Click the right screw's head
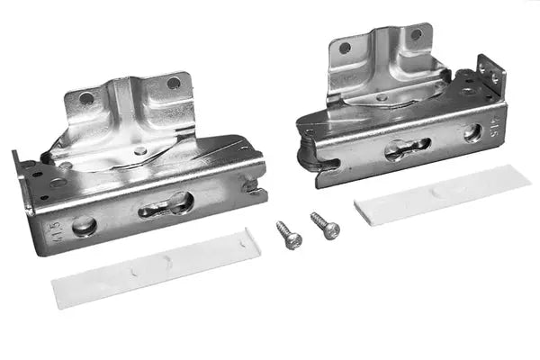pos(331,231)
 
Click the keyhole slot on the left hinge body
pos(166,205)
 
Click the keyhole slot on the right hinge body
pos(407,149)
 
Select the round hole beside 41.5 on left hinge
pos(85,226)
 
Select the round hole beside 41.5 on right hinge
pos(472,132)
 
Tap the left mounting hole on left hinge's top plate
pos(86,98)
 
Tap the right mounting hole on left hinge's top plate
pos(173,84)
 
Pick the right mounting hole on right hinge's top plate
pos(416,34)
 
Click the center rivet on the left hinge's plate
pos(139,151)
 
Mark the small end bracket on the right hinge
pos(490,76)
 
